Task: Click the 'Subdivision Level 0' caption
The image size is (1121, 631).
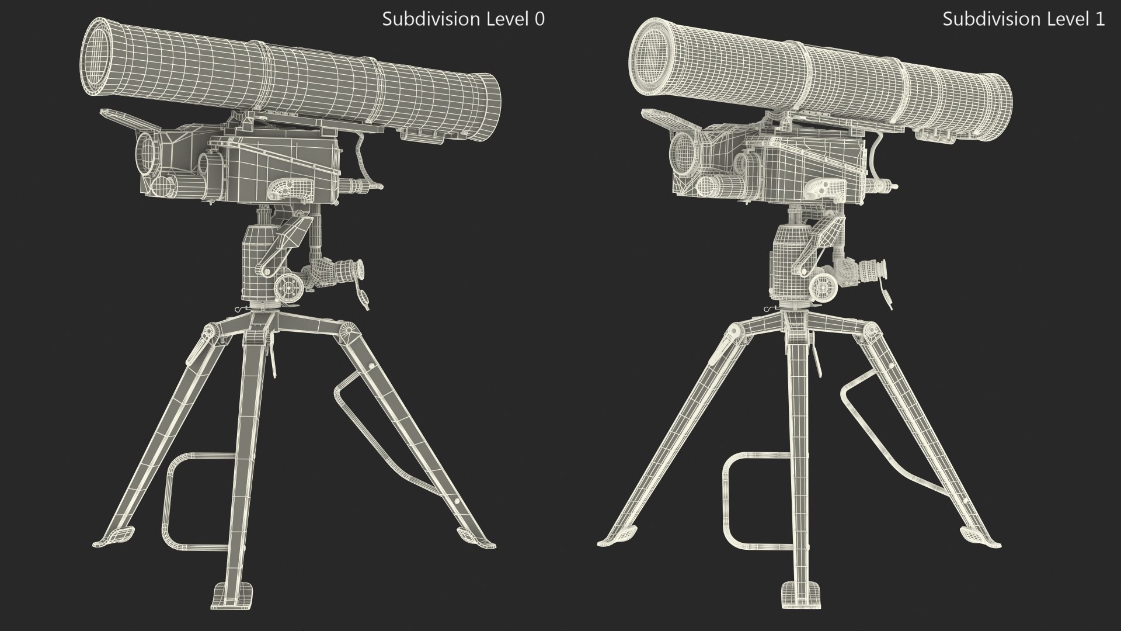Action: pyautogui.click(x=463, y=19)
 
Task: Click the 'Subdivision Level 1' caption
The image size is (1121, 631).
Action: pyautogui.click(x=1023, y=19)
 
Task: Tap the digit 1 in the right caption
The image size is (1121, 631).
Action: pyautogui.click(x=1099, y=19)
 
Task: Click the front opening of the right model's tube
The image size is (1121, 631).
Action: pyautogui.click(x=654, y=56)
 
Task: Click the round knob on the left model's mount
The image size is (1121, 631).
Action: pyautogui.click(x=289, y=286)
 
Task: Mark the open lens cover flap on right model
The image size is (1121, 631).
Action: pyautogui.click(x=666, y=120)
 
